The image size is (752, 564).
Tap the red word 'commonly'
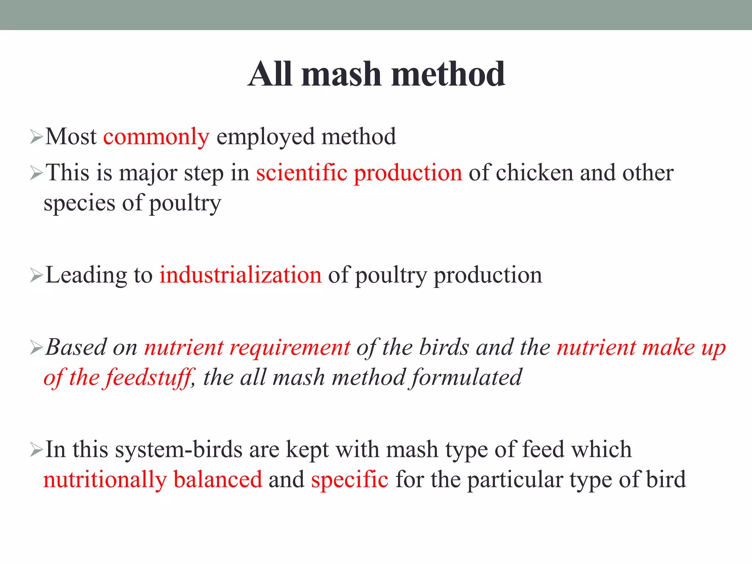tap(156, 137)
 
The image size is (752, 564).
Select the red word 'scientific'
tap(301, 173)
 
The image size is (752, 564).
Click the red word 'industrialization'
tap(240, 275)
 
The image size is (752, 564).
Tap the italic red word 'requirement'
tap(290, 347)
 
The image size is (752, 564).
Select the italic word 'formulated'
tap(466, 377)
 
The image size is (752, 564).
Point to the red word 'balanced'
tap(218, 480)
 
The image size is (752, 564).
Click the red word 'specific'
tap(350, 480)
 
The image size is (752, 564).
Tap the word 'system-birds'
tap(179, 450)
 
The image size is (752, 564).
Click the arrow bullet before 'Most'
tap(37, 137)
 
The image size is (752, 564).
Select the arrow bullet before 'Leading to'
tap(37, 275)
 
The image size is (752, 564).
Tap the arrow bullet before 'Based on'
tap(37, 347)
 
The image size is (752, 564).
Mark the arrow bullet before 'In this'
tap(37, 449)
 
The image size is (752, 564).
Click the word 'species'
tap(79, 203)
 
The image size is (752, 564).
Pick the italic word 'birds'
tap(444, 347)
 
